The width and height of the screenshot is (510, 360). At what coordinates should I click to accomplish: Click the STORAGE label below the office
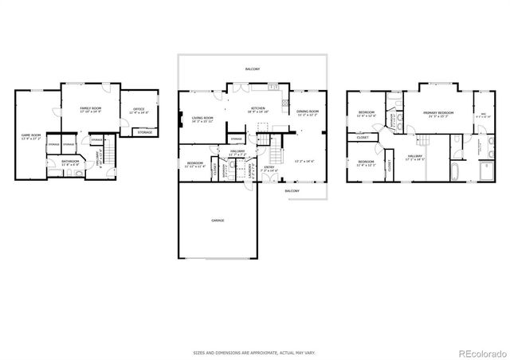[144, 132]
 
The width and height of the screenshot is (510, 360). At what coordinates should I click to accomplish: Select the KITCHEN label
[258, 108]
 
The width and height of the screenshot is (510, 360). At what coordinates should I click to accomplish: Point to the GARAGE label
[218, 220]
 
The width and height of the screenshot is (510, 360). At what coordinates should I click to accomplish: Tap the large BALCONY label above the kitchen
[253, 69]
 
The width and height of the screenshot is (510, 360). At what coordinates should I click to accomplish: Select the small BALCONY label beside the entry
[292, 191]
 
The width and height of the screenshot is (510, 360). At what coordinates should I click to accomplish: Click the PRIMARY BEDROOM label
[438, 113]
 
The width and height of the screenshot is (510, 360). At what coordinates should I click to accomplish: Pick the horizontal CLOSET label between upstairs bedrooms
[363, 137]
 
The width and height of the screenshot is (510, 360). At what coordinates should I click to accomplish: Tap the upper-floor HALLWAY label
[414, 156]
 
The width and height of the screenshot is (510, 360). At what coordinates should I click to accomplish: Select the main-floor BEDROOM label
[194, 163]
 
